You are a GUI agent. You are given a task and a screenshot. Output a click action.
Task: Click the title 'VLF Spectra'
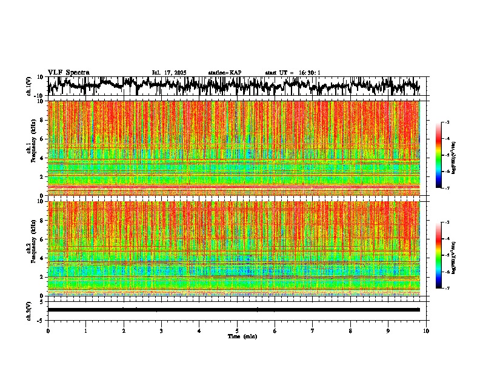pyautogui.click(x=68, y=73)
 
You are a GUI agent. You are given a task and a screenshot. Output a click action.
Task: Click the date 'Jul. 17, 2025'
pyautogui.click(x=169, y=73)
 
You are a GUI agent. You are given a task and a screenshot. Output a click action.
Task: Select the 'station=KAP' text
pyautogui.click(x=225, y=73)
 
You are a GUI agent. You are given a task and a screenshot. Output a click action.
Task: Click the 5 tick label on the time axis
pyautogui.click(x=237, y=331)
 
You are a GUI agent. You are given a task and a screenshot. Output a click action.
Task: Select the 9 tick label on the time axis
pyautogui.click(x=388, y=331)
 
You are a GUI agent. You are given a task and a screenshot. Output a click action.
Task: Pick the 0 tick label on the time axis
pyautogui.click(x=48, y=331)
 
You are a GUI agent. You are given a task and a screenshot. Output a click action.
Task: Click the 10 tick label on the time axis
pyautogui.click(x=426, y=331)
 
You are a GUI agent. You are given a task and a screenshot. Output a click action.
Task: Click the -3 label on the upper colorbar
pyautogui.click(x=447, y=122)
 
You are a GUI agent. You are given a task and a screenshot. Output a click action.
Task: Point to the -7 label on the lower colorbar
pyautogui.click(x=447, y=289)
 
